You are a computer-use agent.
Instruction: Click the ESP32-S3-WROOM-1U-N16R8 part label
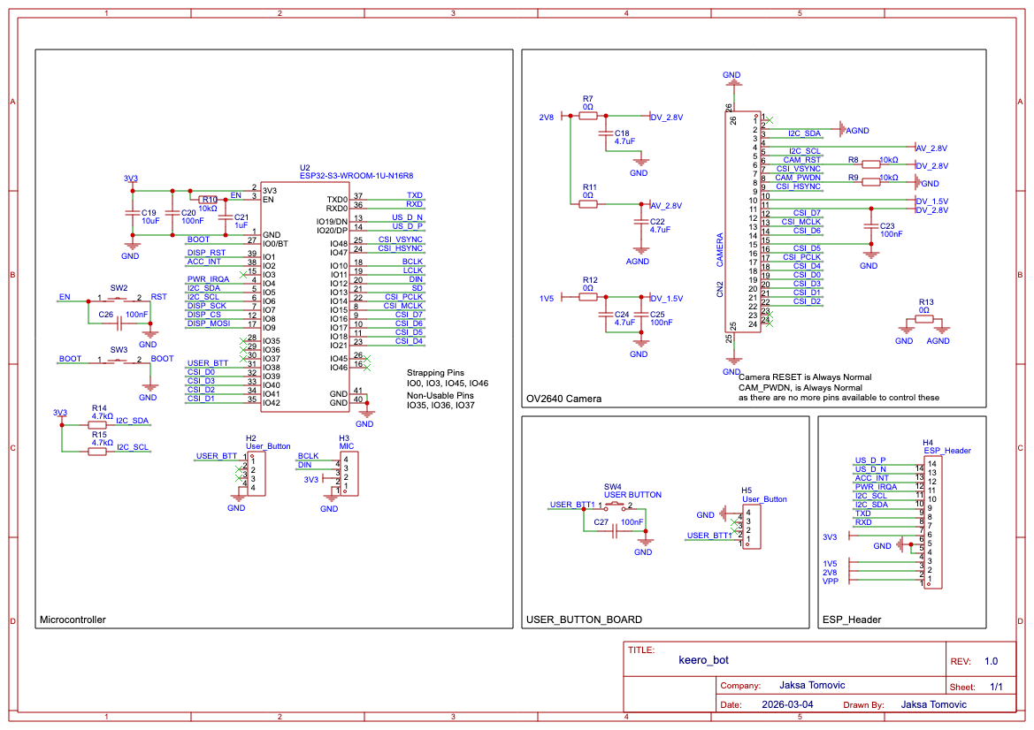tap(356, 175)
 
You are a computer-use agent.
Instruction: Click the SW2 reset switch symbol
tap(119, 299)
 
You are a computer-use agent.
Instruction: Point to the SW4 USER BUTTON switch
tap(614, 506)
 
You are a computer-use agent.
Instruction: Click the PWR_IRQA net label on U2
tap(208, 278)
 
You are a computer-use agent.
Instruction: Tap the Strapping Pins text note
tap(435, 373)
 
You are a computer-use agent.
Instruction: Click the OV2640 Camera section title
tap(563, 399)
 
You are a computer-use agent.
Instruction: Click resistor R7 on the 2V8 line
tap(588, 114)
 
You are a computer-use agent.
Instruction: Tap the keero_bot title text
tap(703, 659)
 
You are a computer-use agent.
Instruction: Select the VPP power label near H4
tap(830, 582)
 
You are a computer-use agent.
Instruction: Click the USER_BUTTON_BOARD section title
tap(584, 620)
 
